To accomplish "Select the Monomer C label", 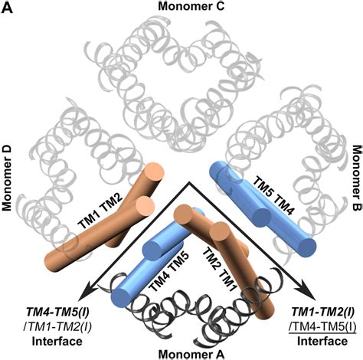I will click(184, 7).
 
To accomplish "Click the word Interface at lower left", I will click(52, 336).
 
